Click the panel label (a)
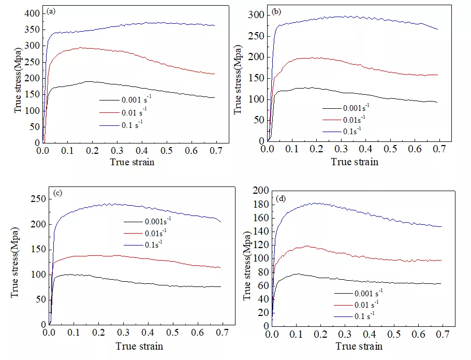pyautogui.click(x=51, y=11)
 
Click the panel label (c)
pyautogui.click(x=58, y=193)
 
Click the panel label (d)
pyautogui.click(x=282, y=198)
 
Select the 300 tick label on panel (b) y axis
pyautogui.click(x=255, y=15)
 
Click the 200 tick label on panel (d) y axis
pyautogui.click(x=261, y=191)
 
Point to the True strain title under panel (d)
pyautogui.click(x=359, y=346)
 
